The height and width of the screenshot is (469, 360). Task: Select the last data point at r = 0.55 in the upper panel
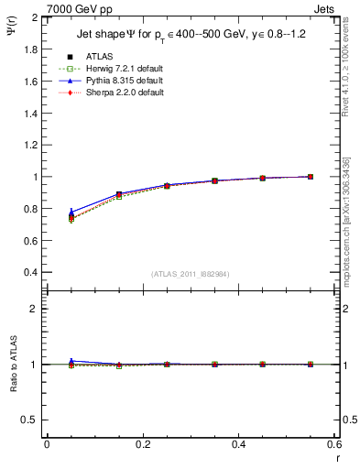point(311,177)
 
